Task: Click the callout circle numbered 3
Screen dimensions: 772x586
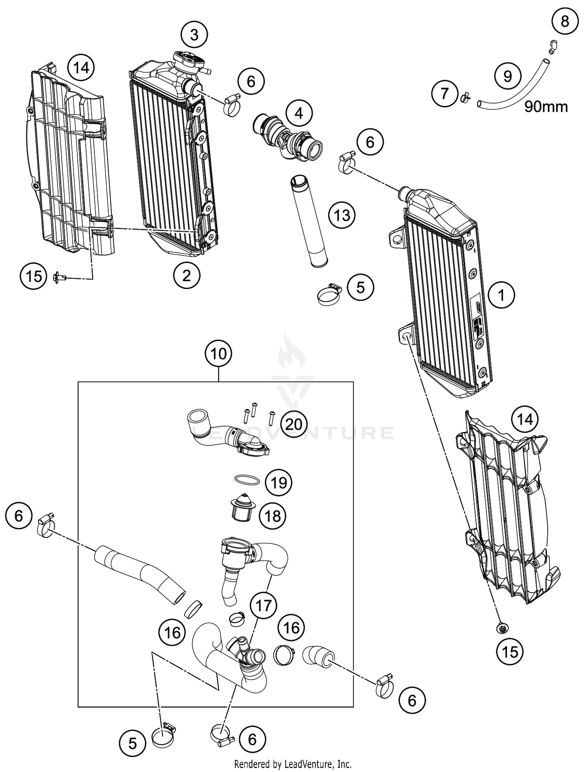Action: tap(194, 35)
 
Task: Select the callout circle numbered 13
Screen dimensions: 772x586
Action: tap(342, 215)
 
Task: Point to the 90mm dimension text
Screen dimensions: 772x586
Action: tap(546, 106)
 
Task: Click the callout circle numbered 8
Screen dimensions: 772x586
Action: tap(565, 21)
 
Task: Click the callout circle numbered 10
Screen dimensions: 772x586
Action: tap(218, 354)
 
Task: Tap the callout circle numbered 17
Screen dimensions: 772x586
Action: tap(263, 606)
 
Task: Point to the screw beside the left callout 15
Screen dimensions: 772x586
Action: tap(59, 277)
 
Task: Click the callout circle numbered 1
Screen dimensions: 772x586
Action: tap(502, 295)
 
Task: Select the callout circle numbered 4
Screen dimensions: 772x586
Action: tap(299, 113)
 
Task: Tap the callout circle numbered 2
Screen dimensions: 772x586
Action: tap(186, 276)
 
